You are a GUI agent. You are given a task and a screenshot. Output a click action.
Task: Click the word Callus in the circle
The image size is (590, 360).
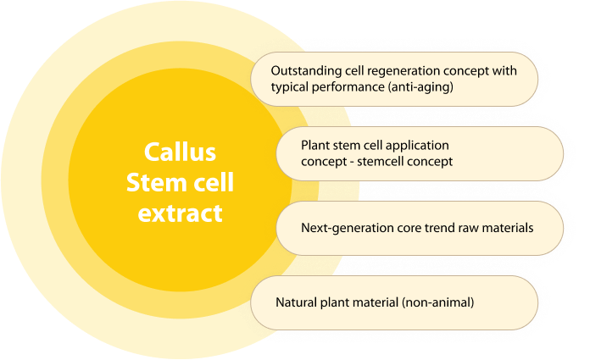[180, 152]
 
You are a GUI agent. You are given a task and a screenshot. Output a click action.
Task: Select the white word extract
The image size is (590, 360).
[180, 213]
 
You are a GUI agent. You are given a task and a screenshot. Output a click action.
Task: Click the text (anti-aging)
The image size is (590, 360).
[420, 87]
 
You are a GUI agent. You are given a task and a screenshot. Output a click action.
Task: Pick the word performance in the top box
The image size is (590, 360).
[348, 87]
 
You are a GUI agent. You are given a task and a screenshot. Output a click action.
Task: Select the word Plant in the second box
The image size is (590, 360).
[315, 145]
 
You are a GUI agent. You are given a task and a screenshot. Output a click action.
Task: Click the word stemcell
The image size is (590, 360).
[379, 162]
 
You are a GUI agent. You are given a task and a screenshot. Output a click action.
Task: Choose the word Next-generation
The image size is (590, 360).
[348, 229]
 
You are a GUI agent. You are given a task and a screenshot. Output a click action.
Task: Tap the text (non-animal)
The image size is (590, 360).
[438, 302]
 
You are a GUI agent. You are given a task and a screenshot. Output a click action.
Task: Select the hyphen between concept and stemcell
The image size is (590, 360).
[352, 162]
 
